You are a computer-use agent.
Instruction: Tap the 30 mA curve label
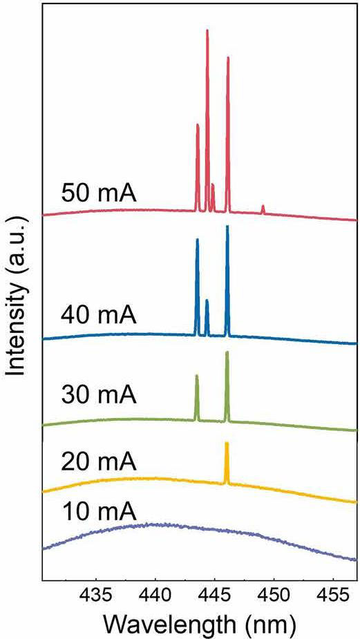click(99, 397)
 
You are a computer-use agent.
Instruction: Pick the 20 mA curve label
click(99, 461)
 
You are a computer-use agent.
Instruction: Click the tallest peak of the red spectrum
click(207, 32)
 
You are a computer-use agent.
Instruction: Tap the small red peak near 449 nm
click(263, 207)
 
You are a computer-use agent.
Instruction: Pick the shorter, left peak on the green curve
click(197, 376)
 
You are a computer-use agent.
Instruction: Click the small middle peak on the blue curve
click(207, 301)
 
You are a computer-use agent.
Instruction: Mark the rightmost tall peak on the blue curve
click(227, 228)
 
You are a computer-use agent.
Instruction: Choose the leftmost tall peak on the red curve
click(198, 126)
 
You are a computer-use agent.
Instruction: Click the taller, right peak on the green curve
click(227, 354)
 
